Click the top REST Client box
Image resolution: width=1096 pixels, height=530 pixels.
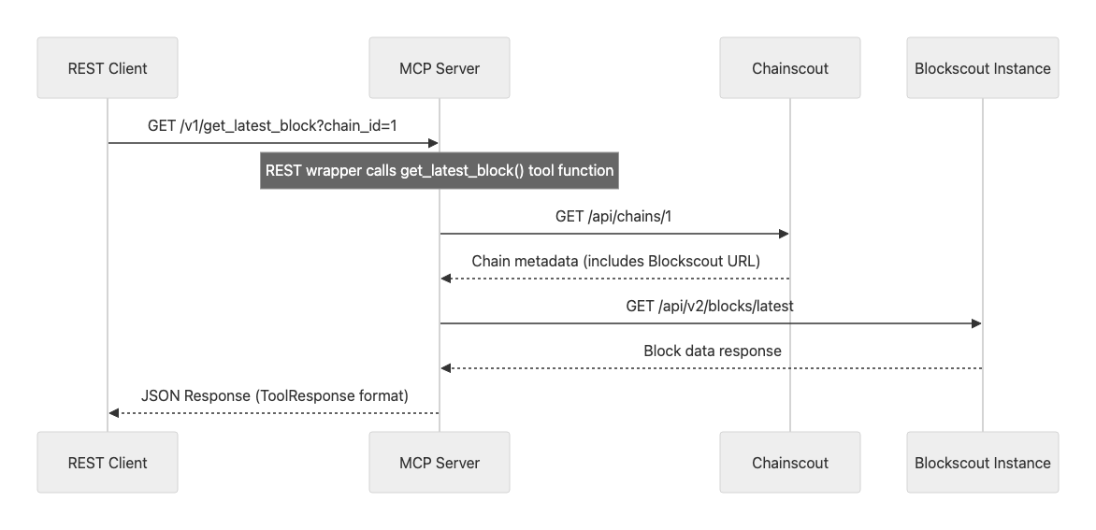tap(108, 68)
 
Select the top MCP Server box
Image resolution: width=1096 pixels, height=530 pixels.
tap(440, 68)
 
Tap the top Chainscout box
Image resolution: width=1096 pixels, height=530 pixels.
tap(790, 68)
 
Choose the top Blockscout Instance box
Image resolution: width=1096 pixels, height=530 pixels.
tap(983, 68)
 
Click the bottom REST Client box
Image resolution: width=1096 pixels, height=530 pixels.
tap(108, 462)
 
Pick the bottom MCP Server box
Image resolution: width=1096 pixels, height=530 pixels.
tap(440, 462)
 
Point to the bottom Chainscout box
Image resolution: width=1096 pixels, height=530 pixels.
tap(790, 462)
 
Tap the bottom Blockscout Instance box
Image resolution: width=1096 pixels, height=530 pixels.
tap(983, 462)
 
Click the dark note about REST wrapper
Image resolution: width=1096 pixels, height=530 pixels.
tap(440, 170)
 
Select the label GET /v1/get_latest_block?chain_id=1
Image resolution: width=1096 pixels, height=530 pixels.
tap(274, 125)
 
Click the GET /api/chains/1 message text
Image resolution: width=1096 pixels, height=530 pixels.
tap(614, 216)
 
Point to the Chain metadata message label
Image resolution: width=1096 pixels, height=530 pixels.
tap(614, 261)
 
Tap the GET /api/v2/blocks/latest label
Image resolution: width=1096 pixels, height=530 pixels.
tap(711, 306)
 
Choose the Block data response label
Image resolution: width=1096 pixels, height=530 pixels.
tap(712, 351)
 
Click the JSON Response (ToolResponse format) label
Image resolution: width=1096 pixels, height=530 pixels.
tap(274, 395)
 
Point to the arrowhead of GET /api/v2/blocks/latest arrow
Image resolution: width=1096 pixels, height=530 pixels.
tap(976, 323)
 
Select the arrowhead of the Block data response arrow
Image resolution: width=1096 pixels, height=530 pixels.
tap(446, 368)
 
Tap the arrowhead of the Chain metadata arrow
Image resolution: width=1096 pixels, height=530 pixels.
tap(446, 279)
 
